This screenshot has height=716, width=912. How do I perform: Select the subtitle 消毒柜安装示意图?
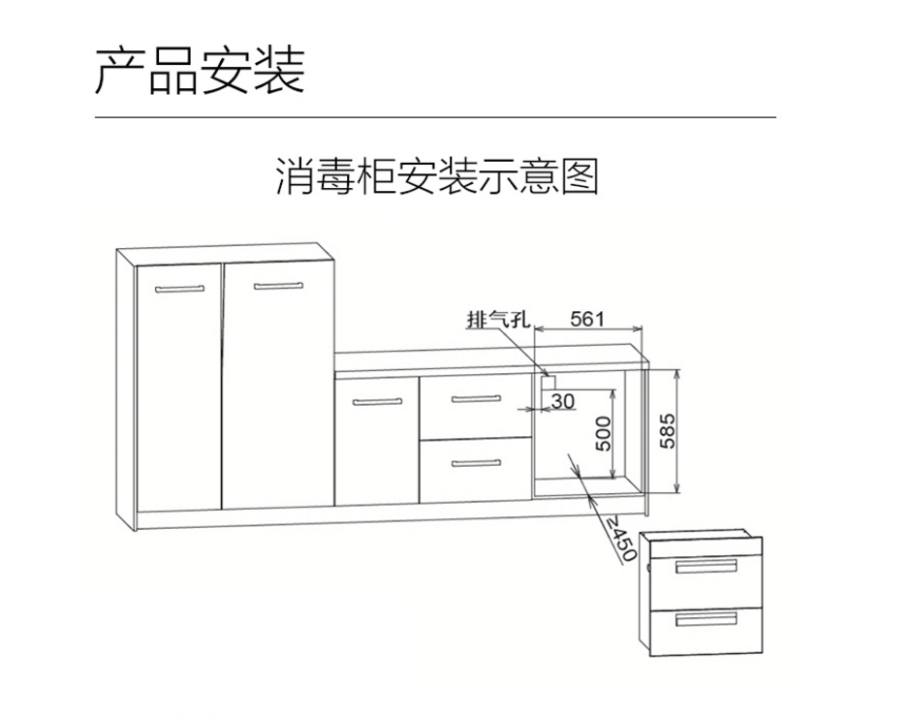click(x=437, y=177)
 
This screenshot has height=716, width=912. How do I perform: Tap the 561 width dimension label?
click(x=587, y=318)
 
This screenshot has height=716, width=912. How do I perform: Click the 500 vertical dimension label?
click(x=602, y=433)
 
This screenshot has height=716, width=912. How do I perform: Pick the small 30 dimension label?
click(x=563, y=399)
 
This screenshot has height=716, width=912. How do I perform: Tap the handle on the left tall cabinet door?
click(x=180, y=288)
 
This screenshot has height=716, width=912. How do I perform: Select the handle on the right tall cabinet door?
click(x=278, y=286)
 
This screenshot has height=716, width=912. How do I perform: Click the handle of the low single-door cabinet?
click(x=377, y=401)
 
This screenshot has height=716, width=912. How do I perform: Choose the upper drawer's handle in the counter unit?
click(x=476, y=400)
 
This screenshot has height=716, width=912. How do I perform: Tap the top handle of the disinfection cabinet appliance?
click(x=706, y=567)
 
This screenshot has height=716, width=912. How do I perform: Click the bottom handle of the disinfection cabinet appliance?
click(x=706, y=618)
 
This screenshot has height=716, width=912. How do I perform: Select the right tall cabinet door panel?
click(x=279, y=388)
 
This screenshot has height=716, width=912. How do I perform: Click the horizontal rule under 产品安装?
click(x=435, y=116)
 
